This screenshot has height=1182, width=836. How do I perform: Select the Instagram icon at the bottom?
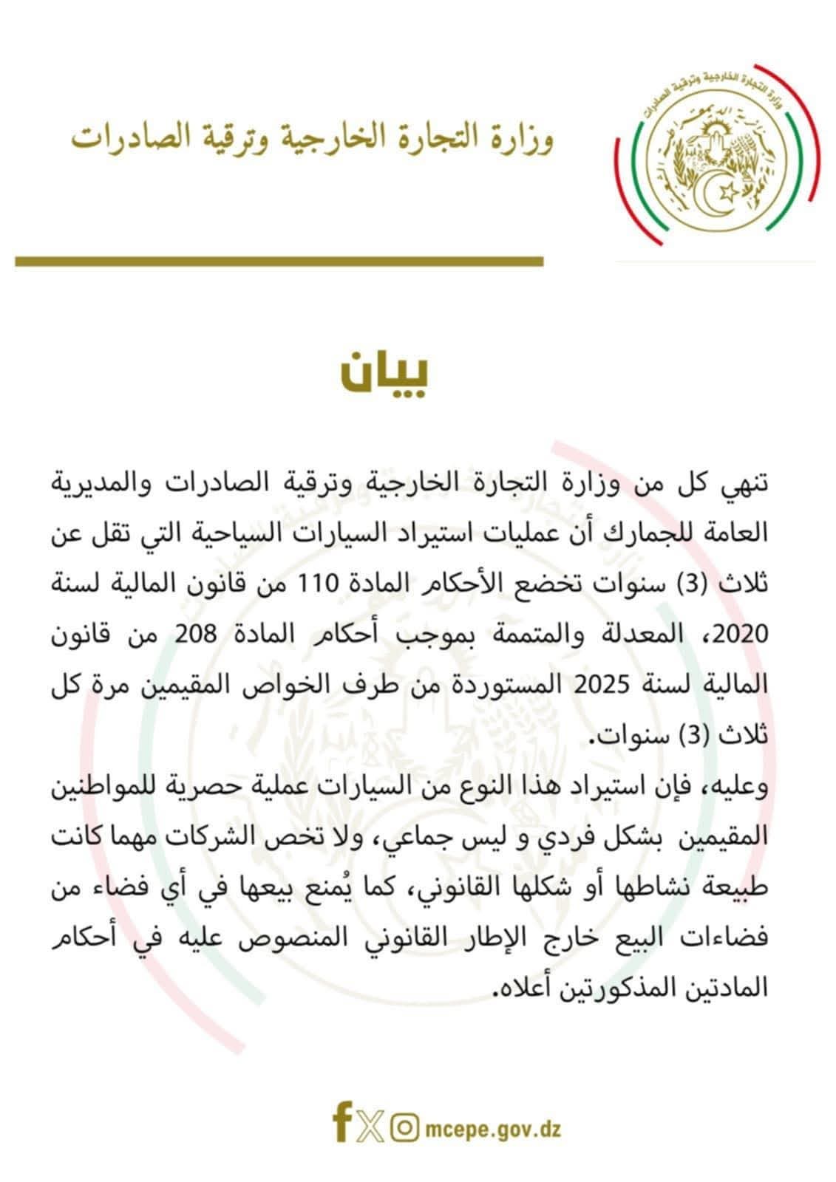[x=403, y=1128]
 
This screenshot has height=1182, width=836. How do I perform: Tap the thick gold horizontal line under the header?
[x=279, y=261]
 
